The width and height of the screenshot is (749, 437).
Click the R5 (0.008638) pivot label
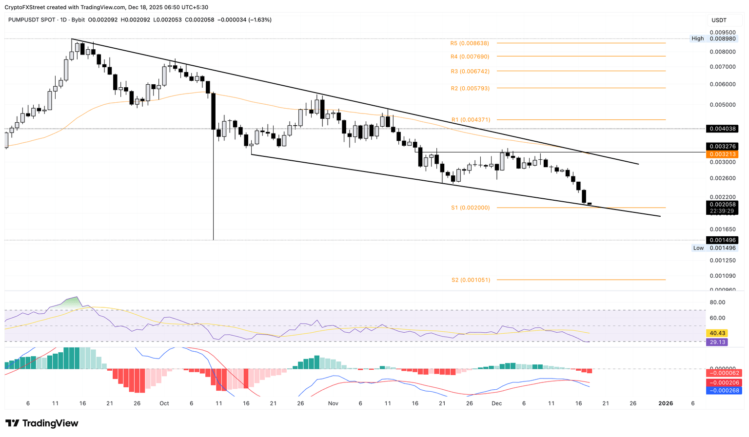[x=469, y=43]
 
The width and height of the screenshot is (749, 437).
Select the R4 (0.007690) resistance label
[x=469, y=57]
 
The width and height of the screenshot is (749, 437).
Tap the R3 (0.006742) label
[x=469, y=71]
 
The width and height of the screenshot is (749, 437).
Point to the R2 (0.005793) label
[x=469, y=88]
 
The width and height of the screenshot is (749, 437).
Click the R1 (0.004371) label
[x=470, y=120]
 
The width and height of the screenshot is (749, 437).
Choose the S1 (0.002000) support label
[x=470, y=208]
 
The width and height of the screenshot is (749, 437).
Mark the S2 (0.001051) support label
[x=470, y=280]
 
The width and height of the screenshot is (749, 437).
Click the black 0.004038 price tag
[x=722, y=129]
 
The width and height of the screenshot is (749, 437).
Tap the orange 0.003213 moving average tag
[x=722, y=154]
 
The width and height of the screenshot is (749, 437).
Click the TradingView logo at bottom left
[x=42, y=423]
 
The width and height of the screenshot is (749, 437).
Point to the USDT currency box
[x=719, y=20]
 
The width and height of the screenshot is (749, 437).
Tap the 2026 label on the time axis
[x=665, y=403]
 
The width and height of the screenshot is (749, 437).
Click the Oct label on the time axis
[x=164, y=403]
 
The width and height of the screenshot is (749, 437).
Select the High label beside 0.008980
[x=697, y=38]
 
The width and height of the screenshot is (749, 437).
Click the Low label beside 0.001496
[x=698, y=248]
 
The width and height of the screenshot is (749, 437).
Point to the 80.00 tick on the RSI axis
[x=717, y=303]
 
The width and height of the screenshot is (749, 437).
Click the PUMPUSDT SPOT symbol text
[x=30, y=20]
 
